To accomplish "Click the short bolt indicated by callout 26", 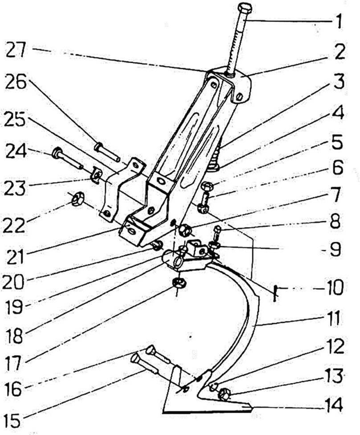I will (106, 152).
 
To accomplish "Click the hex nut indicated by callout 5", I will (206, 187).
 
